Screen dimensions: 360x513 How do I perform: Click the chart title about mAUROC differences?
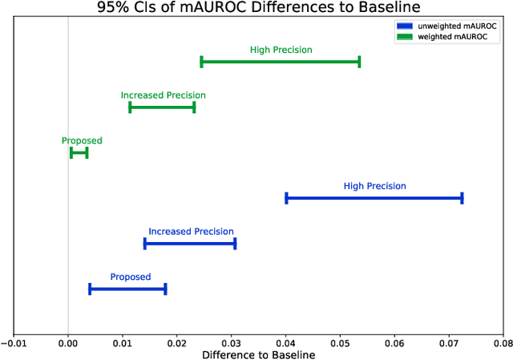coord(257,7)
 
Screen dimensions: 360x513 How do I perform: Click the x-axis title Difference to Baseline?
coord(258,354)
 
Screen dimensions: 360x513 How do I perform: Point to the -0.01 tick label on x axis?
coord(14,343)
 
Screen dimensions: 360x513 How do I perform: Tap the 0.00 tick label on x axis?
coord(68,343)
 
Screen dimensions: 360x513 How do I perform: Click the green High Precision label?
coord(281,50)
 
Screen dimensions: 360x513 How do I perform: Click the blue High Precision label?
coord(374,186)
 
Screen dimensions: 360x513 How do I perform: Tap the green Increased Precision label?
coord(163,95)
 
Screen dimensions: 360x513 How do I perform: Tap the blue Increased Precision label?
coord(191,232)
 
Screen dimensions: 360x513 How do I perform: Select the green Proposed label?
coord(82,141)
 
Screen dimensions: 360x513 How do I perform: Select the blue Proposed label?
coord(130,277)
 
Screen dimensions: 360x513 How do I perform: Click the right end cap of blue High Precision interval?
coord(462,198)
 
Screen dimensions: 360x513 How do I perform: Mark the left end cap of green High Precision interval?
coord(201,62)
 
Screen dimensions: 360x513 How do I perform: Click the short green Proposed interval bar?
coord(79,152)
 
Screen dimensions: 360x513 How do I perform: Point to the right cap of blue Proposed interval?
coord(165,289)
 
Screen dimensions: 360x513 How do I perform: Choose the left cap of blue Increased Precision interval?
coord(145,244)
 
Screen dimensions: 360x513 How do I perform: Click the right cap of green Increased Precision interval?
coord(194,107)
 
